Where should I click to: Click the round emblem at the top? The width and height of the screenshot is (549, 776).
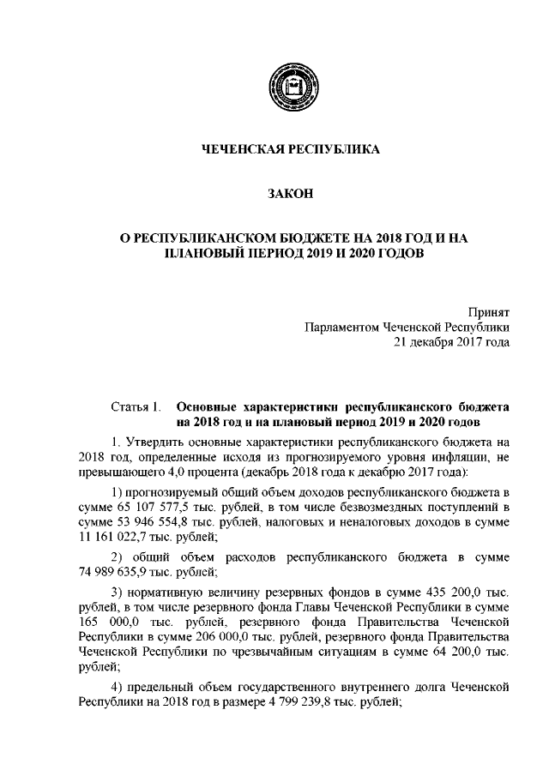pyautogui.click(x=290, y=87)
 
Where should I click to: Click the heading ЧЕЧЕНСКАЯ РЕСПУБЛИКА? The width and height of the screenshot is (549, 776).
pyautogui.click(x=289, y=151)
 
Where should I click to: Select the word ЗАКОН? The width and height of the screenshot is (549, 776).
pyautogui.click(x=289, y=197)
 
